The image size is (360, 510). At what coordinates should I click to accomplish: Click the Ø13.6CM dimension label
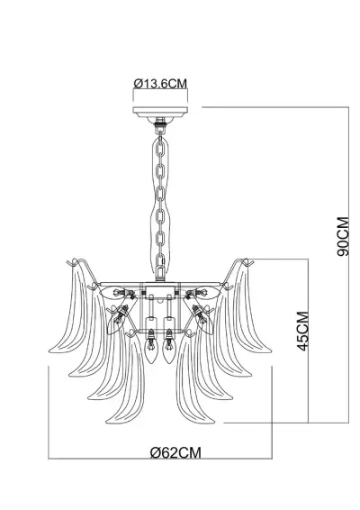162,83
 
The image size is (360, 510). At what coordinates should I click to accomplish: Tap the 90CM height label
343,237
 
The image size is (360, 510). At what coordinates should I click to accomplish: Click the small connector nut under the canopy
162,124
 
